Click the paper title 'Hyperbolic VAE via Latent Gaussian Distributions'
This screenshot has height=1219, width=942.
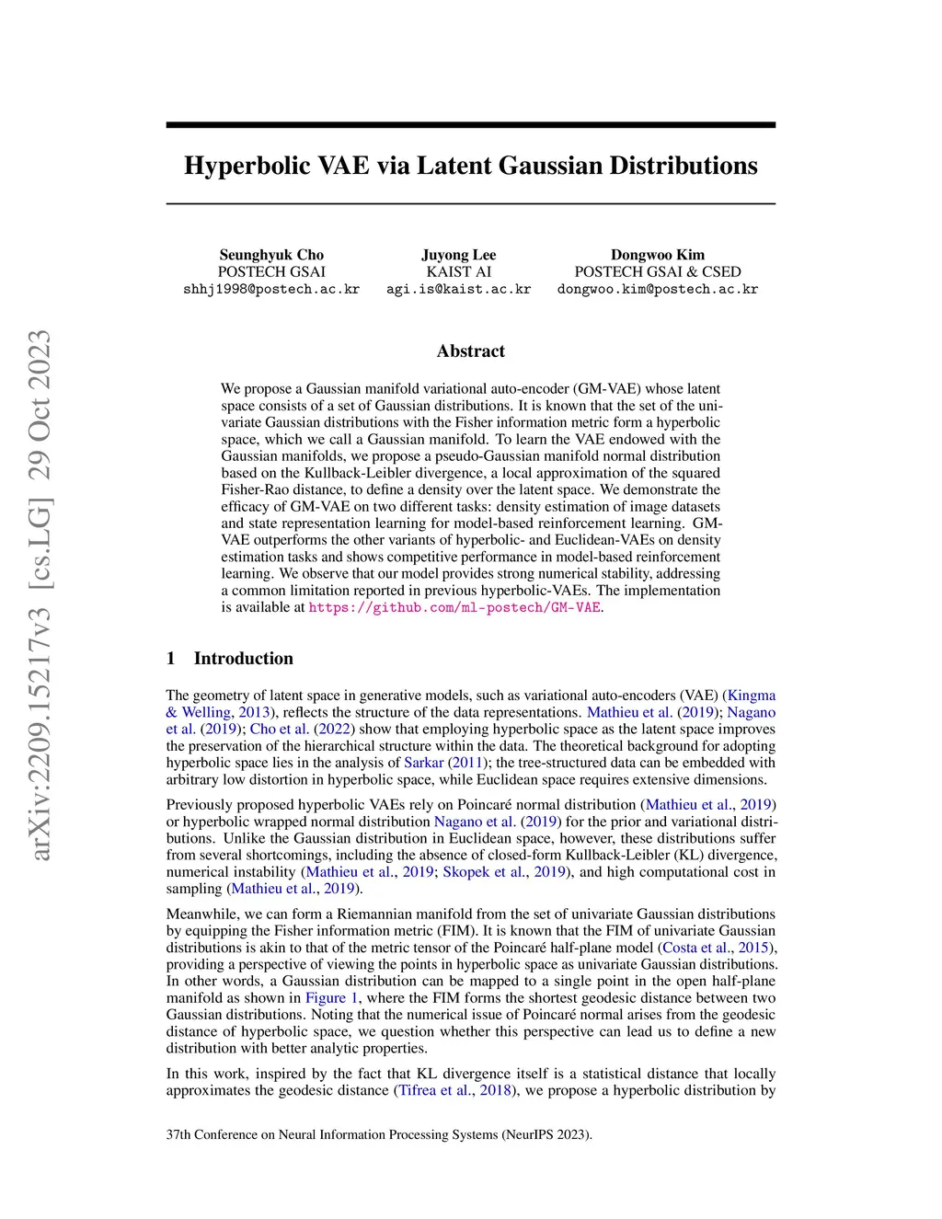470,166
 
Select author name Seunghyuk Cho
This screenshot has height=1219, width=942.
271,255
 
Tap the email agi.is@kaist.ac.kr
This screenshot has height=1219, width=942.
458,289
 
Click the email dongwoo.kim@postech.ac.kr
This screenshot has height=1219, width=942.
657,289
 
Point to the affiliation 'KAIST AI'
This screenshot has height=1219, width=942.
458,271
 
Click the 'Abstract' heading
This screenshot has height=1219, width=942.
470,351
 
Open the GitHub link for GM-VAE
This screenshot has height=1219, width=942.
454,608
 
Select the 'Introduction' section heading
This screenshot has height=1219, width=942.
243,658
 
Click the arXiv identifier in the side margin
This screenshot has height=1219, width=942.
40,596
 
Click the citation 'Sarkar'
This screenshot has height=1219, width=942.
423,763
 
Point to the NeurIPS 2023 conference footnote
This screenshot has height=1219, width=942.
379,1134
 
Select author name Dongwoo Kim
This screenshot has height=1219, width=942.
657,255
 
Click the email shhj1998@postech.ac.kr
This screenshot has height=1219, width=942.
271,289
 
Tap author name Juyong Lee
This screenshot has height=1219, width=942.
458,255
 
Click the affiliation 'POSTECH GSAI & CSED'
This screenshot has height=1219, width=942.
657,271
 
